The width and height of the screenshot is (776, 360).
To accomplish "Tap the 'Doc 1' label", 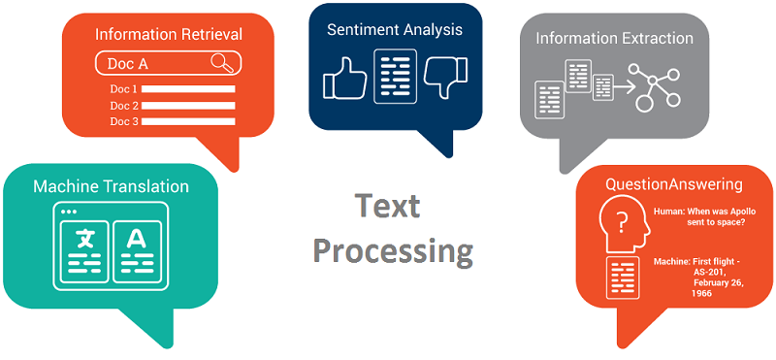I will pyautogui.click(x=124, y=89).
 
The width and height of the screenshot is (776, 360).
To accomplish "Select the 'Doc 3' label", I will pyautogui.click(x=124, y=121).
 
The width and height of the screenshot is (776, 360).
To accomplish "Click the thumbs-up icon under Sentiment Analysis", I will pyautogui.click(x=341, y=79).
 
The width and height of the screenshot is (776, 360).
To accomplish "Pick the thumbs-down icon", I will pyautogui.click(x=448, y=78).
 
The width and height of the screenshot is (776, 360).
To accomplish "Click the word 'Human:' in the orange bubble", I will pyautogui.click(x=670, y=211).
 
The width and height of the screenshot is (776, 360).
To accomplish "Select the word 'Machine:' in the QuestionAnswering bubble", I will pyautogui.click(x=671, y=262).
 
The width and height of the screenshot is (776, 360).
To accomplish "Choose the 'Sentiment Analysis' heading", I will pyautogui.click(x=394, y=29).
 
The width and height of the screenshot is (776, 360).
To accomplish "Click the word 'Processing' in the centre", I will pyautogui.click(x=393, y=251).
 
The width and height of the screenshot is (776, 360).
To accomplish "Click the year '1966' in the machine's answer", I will pyautogui.click(x=703, y=293).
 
